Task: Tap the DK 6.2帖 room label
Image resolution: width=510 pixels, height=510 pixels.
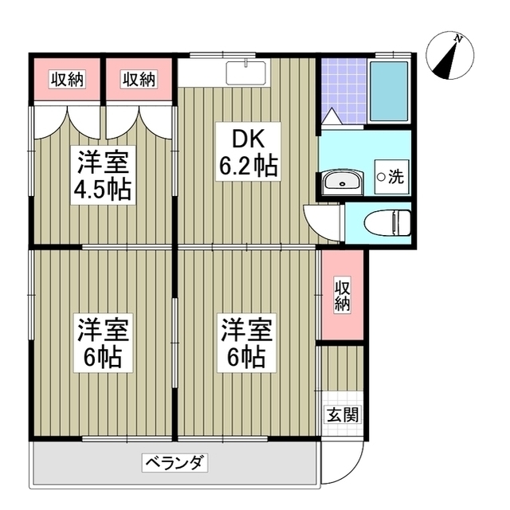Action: (248, 153)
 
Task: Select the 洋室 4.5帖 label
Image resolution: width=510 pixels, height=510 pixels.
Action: (104, 176)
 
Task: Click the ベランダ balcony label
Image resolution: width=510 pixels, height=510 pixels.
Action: (176, 462)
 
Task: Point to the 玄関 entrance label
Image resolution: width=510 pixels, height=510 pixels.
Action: (342, 414)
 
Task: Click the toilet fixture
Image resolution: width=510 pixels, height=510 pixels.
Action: (386, 221)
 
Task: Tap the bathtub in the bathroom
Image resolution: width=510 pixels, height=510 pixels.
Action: (388, 90)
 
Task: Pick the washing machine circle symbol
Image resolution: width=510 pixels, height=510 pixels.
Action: (381, 177)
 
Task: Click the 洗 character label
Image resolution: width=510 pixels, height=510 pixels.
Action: (396, 178)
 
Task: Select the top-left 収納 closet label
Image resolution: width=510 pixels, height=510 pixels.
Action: (67, 79)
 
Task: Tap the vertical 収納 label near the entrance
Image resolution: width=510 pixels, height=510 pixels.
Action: (342, 295)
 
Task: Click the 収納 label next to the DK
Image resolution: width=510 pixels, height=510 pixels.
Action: (139, 79)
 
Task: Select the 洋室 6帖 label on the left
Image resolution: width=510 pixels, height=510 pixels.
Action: (104, 343)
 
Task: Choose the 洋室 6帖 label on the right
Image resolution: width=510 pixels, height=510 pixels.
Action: (248, 343)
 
